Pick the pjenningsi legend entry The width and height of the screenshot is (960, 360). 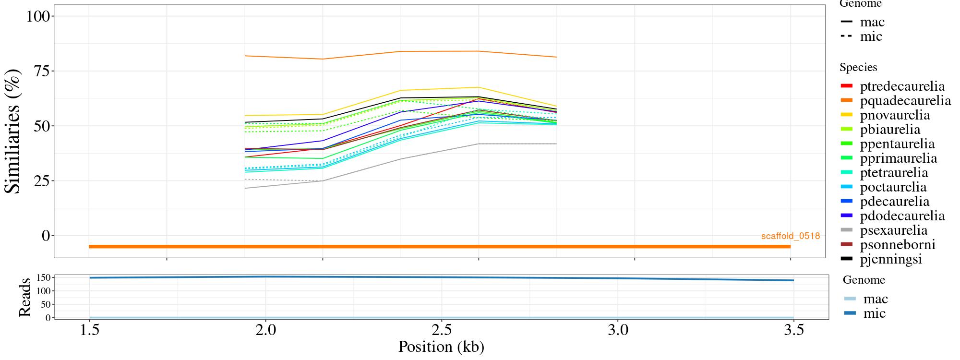[891, 259]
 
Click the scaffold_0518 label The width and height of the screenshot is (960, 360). [790, 236]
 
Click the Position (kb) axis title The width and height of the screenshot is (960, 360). [441, 347]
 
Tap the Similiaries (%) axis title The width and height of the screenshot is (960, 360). [13, 131]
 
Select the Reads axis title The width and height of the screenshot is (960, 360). [25, 297]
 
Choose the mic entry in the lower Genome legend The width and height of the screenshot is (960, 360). [874, 313]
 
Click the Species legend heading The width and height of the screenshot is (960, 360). [858, 68]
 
